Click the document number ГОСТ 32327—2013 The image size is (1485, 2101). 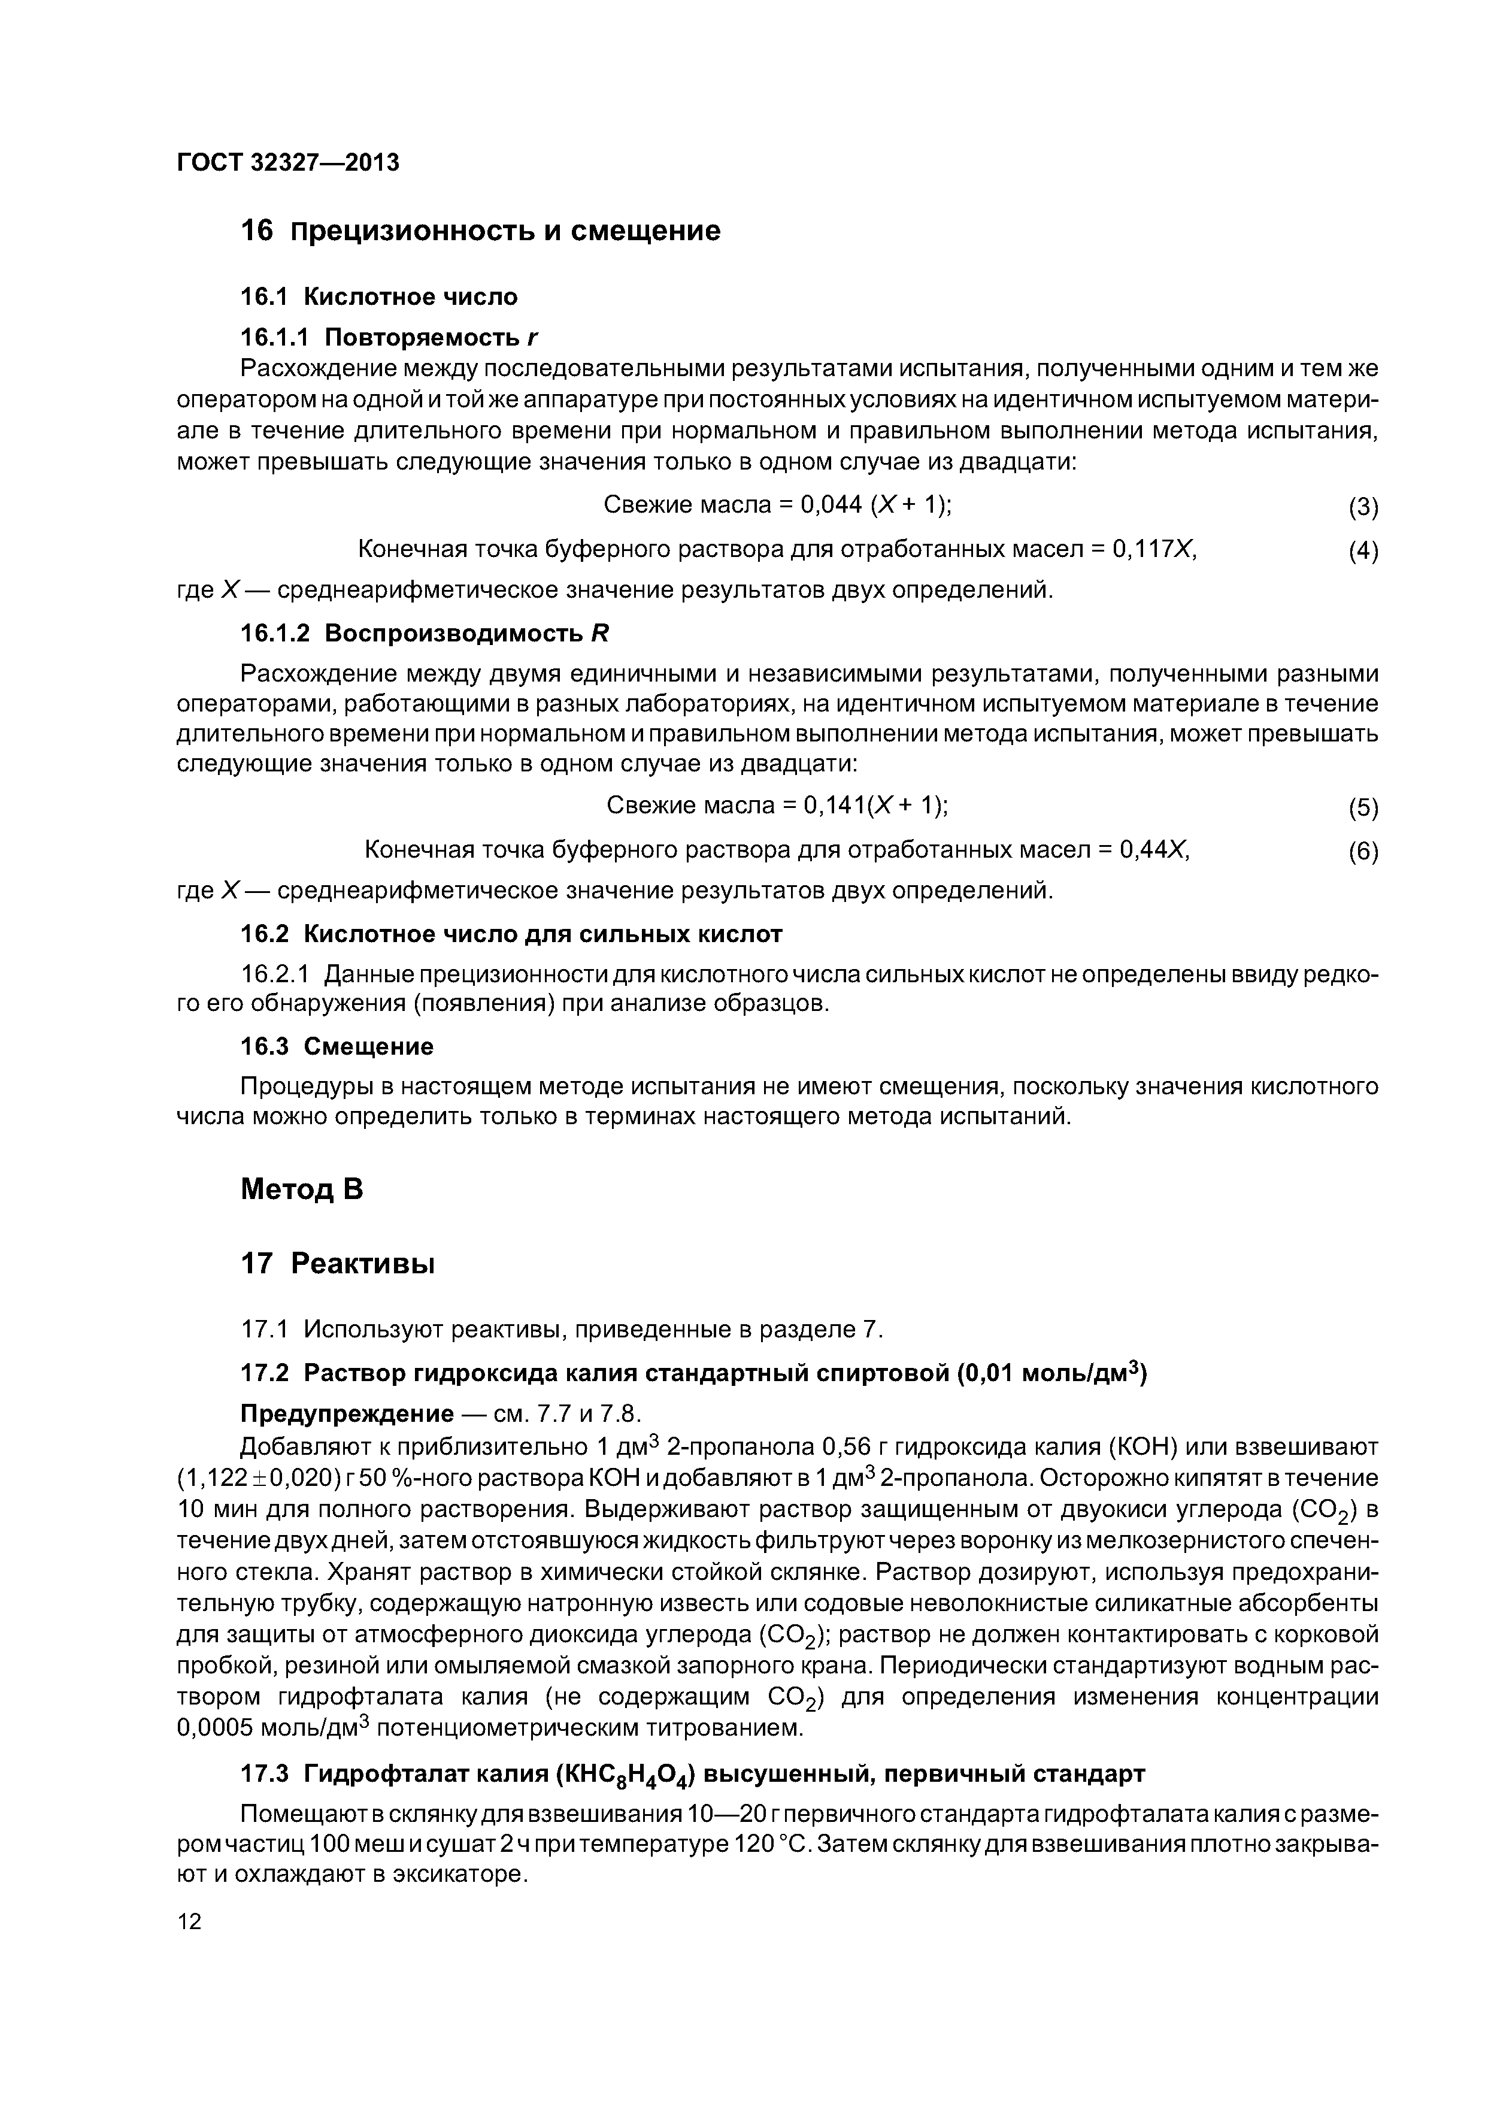[x=287, y=163]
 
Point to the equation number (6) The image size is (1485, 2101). [x=1362, y=852]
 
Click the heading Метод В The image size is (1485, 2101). [x=302, y=1189]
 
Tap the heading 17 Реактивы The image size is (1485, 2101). [x=337, y=1264]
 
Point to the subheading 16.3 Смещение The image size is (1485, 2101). [x=337, y=1046]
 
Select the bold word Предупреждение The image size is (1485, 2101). [x=347, y=1414]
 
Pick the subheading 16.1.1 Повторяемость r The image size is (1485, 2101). [x=389, y=338]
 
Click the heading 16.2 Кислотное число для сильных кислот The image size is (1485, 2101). [x=511, y=934]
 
